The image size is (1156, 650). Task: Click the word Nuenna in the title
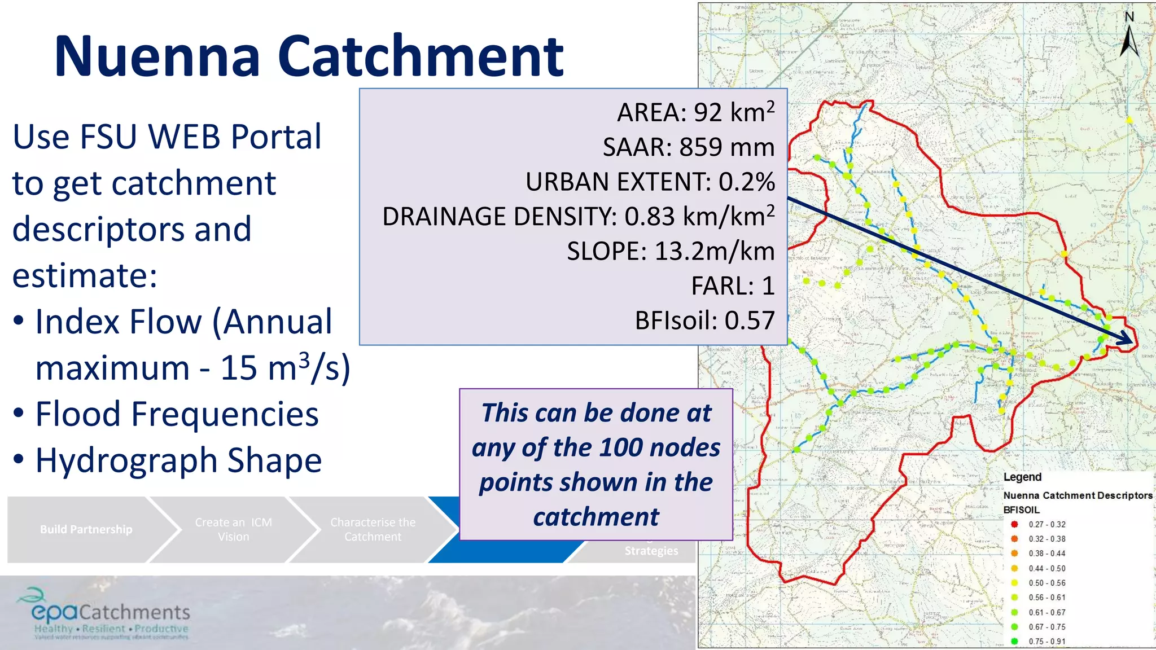tap(157, 56)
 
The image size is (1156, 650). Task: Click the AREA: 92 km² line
tap(695, 112)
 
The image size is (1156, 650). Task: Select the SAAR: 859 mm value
tap(688, 147)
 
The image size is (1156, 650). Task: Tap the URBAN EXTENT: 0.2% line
tap(650, 182)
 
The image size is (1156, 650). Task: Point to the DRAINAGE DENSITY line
tap(578, 217)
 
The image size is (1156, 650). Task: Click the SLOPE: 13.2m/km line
tap(670, 251)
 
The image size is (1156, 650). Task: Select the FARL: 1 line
tap(732, 286)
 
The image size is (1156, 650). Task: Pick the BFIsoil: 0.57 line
tap(704, 320)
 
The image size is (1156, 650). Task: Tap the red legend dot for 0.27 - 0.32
tap(1014, 524)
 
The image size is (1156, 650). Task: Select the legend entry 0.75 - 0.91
tap(1046, 641)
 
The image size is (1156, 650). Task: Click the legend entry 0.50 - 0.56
tap(1046, 583)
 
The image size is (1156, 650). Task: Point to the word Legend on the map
tap(1022, 477)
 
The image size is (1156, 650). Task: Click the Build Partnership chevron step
tap(86, 529)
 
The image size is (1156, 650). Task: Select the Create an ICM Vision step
tap(233, 529)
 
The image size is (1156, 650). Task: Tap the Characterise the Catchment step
tap(373, 529)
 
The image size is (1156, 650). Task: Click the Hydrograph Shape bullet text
tap(178, 460)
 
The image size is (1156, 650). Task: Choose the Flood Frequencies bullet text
tap(177, 414)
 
